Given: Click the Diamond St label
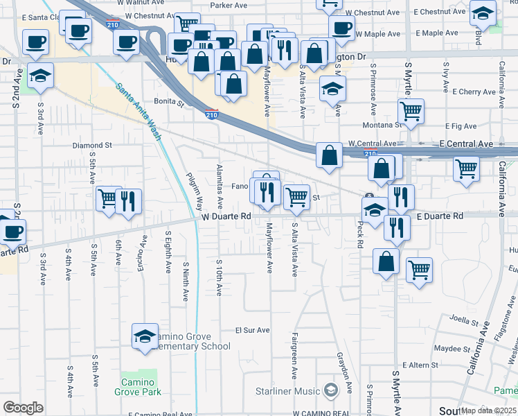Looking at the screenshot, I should click(x=92, y=146).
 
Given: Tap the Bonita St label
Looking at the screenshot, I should click(x=169, y=102).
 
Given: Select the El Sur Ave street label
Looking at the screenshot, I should click(x=252, y=330).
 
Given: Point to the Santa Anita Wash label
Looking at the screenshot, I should click(x=139, y=111).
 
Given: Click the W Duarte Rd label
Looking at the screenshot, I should click(x=226, y=216).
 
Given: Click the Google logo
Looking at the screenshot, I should click(x=23, y=408).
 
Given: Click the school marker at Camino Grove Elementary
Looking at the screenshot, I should click(x=145, y=336).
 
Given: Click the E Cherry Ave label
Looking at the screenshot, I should click(x=474, y=92).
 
